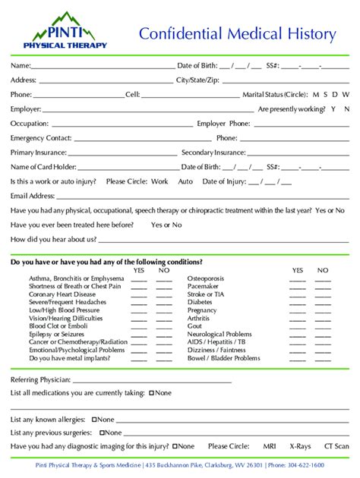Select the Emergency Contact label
click(41, 138)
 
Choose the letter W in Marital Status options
click(346, 95)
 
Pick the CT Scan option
click(336, 447)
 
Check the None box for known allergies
click(94, 419)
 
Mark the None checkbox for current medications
click(152, 393)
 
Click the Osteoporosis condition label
click(209, 278)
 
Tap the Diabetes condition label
click(201, 302)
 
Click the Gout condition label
click(194, 325)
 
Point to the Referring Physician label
click(40, 379)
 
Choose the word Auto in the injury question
click(186, 181)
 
